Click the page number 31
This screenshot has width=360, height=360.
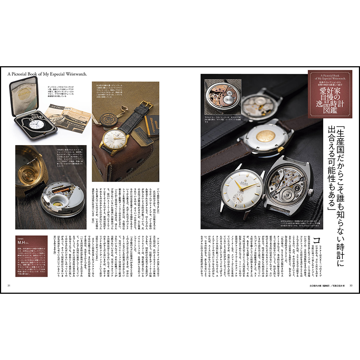click(9, 286)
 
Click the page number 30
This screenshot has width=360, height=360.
click(351, 286)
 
